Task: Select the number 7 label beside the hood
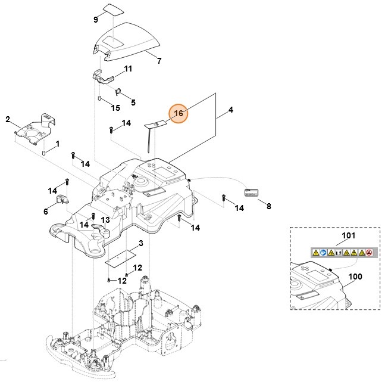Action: [x=159, y=61]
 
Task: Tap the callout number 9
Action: [x=95, y=20]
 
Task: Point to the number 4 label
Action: [x=230, y=110]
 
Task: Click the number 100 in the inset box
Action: [x=354, y=277]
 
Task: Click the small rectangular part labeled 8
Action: [x=251, y=192]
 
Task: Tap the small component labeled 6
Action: [x=61, y=200]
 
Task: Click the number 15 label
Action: [x=115, y=108]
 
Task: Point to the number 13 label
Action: [x=105, y=220]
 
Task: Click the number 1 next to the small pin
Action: [x=58, y=144]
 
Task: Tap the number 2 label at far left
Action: [x=8, y=119]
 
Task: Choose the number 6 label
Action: [x=46, y=211]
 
